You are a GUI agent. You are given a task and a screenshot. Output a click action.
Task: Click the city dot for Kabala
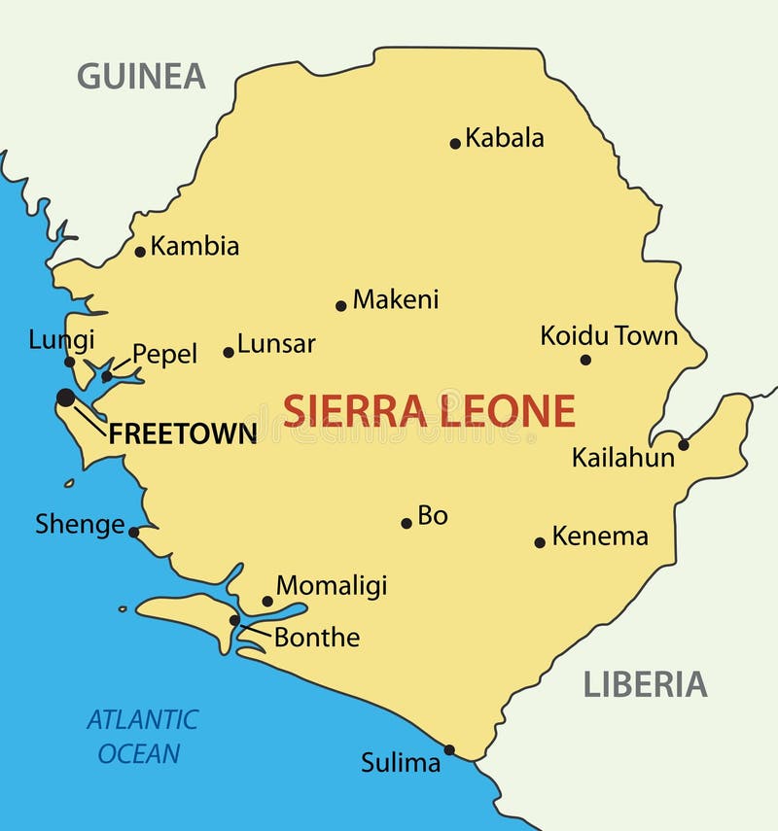coord(455,144)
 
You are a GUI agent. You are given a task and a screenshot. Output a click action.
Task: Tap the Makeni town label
coord(396,299)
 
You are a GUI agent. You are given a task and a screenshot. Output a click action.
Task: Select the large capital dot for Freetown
coord(66,398)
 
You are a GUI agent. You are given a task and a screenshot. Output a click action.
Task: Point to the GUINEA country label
coord(141,76)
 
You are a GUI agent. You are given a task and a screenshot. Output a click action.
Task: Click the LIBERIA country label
coord(645,685)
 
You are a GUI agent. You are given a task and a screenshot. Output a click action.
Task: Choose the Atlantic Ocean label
coord(141,736)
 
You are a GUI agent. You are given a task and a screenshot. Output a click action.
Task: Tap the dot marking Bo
coord(407,523)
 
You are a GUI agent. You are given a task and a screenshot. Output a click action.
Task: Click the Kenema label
coord(600,536)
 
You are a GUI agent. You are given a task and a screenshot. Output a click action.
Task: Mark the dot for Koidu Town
coord(585,360)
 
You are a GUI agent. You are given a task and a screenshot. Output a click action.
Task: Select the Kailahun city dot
coord(684,445)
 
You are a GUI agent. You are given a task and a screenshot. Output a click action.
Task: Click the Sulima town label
coord(401,764)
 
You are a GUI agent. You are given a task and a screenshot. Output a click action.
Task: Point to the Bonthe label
coord(317,638)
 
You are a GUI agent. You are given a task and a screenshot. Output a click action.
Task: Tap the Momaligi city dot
coord(267,602)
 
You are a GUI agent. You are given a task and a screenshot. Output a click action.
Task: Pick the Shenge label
coord(80,525)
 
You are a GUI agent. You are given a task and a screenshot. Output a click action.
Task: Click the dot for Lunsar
coord(229,352)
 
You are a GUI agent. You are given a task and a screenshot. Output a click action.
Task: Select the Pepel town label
coord(164,355)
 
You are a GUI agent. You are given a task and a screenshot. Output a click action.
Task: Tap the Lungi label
coord(61,340)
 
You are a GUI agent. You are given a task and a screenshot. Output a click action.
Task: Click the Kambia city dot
coord(140,252)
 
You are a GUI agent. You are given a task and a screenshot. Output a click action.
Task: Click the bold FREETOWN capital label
coord(183,433)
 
